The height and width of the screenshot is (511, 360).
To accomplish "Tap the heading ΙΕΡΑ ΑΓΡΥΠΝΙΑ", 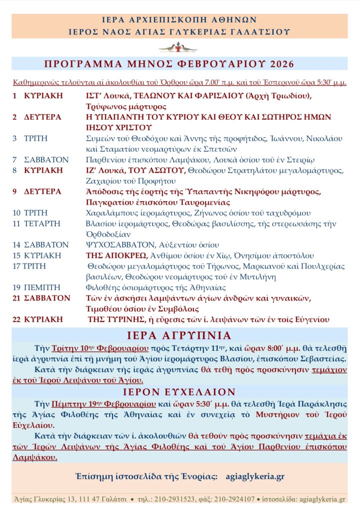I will click(x=180, y=335).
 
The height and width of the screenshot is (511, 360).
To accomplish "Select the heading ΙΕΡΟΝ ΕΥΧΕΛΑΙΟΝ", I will click(x=180, y=391).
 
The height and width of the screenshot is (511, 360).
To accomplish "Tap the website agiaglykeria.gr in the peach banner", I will click(x=255, y=476).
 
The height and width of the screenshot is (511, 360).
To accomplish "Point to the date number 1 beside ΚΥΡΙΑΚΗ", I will click(x=15, y=96).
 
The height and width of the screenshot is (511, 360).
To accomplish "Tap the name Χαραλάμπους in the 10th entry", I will click(x=109, y=213).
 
